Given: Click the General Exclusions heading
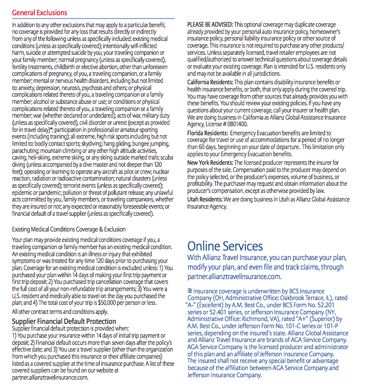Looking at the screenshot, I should coord(40,13).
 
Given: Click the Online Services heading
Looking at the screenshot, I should coord(225,246).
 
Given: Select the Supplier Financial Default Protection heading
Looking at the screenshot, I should coord(64,322).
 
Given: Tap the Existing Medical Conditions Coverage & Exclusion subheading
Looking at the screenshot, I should coord(69,229).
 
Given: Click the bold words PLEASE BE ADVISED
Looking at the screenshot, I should coord(210,24).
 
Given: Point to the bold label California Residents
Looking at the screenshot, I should coord(211,83).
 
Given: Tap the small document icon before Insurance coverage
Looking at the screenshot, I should coord(190,291).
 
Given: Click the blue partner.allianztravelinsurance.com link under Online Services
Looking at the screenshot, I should coord(234,277).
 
